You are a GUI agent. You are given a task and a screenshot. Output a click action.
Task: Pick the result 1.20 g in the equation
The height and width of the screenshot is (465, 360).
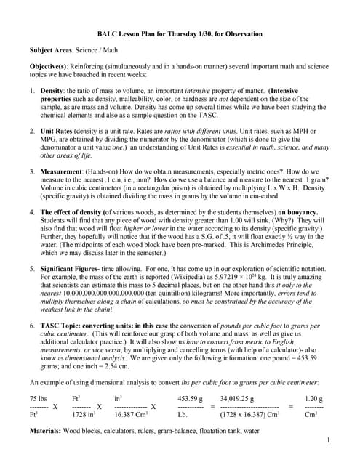coord(314,398)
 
